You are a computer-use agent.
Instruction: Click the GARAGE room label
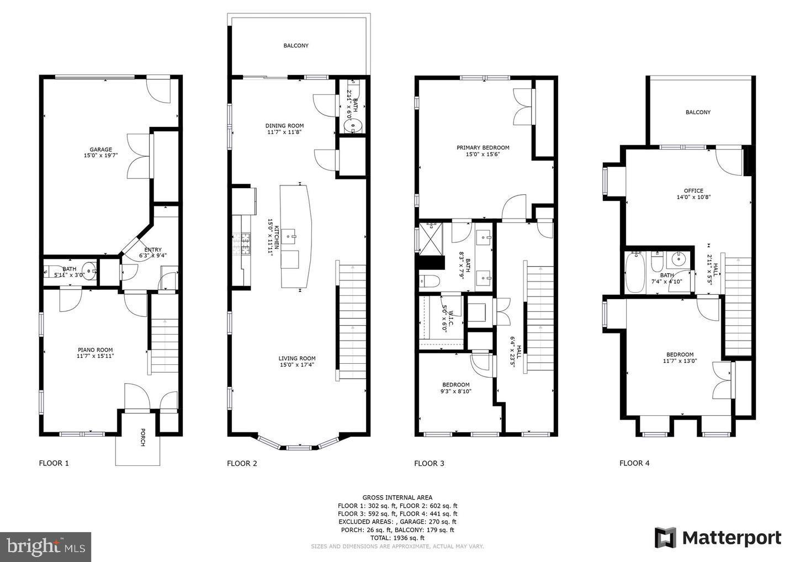[101, 150]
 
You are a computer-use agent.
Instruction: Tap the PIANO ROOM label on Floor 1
[95, 349]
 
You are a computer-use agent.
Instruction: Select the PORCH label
[142, 437]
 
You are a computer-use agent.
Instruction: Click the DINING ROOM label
[285, 125]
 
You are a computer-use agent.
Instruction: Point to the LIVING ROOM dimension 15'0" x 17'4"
[297, 365]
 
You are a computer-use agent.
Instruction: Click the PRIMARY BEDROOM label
[483, 147]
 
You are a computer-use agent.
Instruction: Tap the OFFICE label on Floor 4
[693, 190]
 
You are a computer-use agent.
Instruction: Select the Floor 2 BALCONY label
[296, 46]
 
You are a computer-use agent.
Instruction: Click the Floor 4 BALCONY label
[698, 112]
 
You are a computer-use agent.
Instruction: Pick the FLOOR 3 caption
[429, 464]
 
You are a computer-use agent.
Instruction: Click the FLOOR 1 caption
[54, 464]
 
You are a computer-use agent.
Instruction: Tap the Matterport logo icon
[665, 538]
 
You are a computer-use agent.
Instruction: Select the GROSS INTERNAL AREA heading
[397, 497]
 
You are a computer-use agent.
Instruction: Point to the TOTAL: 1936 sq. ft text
[397, 538]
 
